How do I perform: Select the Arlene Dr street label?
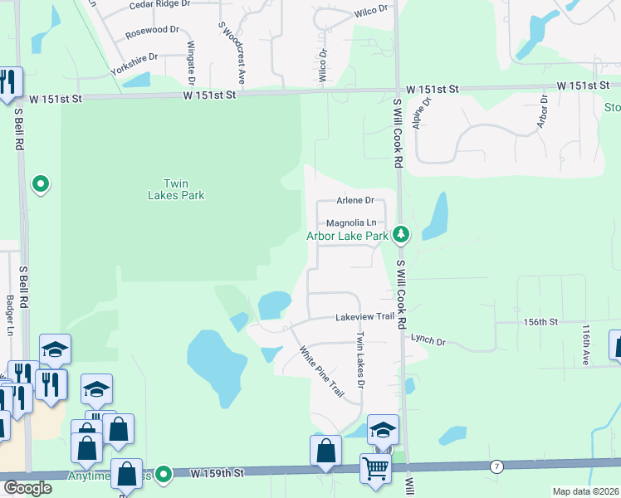click(x=355, y=200)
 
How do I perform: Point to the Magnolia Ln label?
click(x=351, y=222)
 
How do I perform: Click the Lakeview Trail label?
click(x=364, y=317)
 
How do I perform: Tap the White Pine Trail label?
click(x=321, y=370)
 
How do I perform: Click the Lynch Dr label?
click(x=428, y=341)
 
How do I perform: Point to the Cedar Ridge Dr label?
click(x=160, y=4)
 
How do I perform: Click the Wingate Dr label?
click(x=190, y=62)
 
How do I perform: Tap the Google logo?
click(x=27, y=488)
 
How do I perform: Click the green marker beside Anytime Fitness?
click(x=164, y=475)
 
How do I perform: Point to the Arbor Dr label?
click(x=544, y=110)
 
